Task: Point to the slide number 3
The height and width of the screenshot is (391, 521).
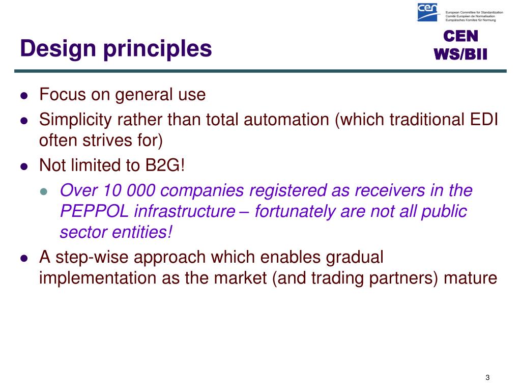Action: (x=487, y=377)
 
